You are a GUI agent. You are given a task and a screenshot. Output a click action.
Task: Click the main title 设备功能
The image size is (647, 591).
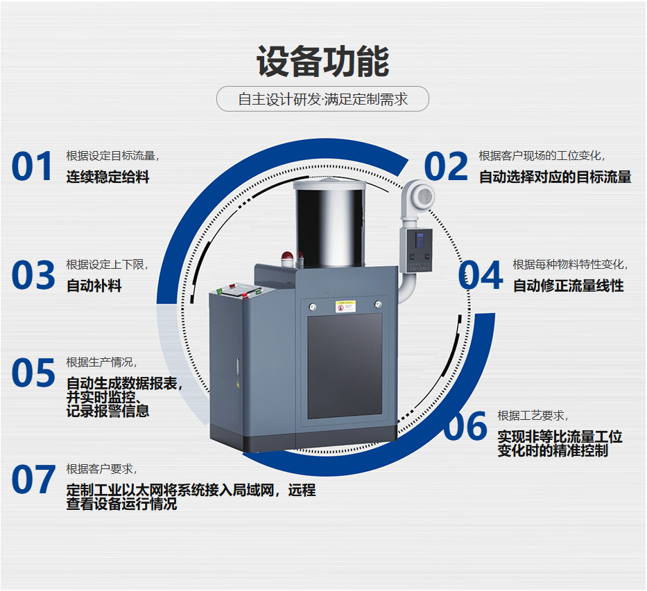click(322, 62)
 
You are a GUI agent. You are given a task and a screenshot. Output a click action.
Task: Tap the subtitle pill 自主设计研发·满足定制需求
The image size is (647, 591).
click(322, 99)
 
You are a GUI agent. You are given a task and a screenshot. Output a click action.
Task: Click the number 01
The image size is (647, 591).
click(32, 166)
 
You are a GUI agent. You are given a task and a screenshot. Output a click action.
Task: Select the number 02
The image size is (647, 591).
click(446, 166)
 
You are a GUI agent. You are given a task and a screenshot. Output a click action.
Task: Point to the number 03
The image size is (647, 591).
click(33, 275)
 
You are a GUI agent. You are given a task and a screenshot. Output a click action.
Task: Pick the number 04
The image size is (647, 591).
click(481, 275)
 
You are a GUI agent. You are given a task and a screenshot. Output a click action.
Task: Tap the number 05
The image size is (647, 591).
click(33, 373)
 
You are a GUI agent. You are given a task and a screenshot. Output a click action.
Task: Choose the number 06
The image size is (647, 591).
click(465, 425)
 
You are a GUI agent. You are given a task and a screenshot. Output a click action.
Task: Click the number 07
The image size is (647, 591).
click(33, 479)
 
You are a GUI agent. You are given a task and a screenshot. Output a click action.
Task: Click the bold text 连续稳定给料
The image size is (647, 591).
click(107, 177)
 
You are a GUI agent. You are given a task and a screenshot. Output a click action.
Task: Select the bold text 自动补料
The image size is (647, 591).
click(94, 285)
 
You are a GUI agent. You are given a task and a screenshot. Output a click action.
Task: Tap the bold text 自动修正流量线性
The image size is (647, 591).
click(568, 285)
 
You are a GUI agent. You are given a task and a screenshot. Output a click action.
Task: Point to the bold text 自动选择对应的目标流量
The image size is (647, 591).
click(555, 177)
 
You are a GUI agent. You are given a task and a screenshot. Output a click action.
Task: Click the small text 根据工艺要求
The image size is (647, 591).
click(530, 416)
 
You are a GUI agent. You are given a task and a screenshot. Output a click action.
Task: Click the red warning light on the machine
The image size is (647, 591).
click(286, 259)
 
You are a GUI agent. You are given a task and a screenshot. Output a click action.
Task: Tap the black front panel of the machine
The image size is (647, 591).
click(345, 366)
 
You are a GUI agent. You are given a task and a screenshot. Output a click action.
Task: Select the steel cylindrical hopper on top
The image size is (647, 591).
click(329, 222)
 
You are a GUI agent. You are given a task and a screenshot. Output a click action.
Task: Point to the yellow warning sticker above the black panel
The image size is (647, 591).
click(345, 306)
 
